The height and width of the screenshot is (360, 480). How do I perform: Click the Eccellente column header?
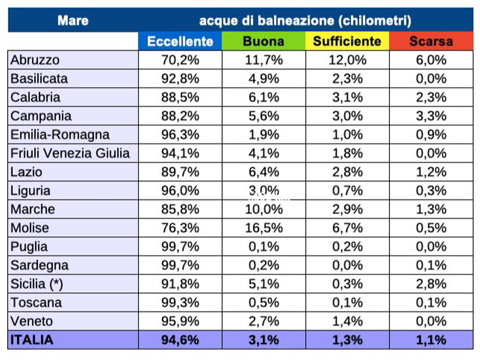180,41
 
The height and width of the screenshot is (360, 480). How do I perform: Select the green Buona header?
264,41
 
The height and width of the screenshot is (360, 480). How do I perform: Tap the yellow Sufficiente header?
347,41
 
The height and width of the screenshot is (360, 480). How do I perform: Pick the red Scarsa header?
431,41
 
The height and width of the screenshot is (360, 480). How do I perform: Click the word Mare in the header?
73,21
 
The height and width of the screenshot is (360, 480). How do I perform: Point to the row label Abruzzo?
35,60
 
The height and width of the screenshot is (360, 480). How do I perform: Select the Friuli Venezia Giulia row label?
70,153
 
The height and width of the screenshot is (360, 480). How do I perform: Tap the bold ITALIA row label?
32,340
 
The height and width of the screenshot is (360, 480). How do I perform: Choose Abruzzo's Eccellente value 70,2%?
180,60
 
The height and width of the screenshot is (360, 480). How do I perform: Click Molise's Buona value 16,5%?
264,228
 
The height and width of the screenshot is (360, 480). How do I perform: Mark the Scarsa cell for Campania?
431,116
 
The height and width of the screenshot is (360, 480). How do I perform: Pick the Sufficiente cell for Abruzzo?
347,60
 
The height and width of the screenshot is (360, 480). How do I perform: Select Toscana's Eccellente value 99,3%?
180,303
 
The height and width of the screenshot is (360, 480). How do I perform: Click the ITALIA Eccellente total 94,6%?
180,340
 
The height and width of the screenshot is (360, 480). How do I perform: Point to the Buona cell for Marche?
264,209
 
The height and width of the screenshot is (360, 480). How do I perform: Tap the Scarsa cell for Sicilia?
431,284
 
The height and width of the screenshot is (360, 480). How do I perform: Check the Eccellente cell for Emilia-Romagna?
180,135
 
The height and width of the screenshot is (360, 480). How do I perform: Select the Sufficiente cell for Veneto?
347,322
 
